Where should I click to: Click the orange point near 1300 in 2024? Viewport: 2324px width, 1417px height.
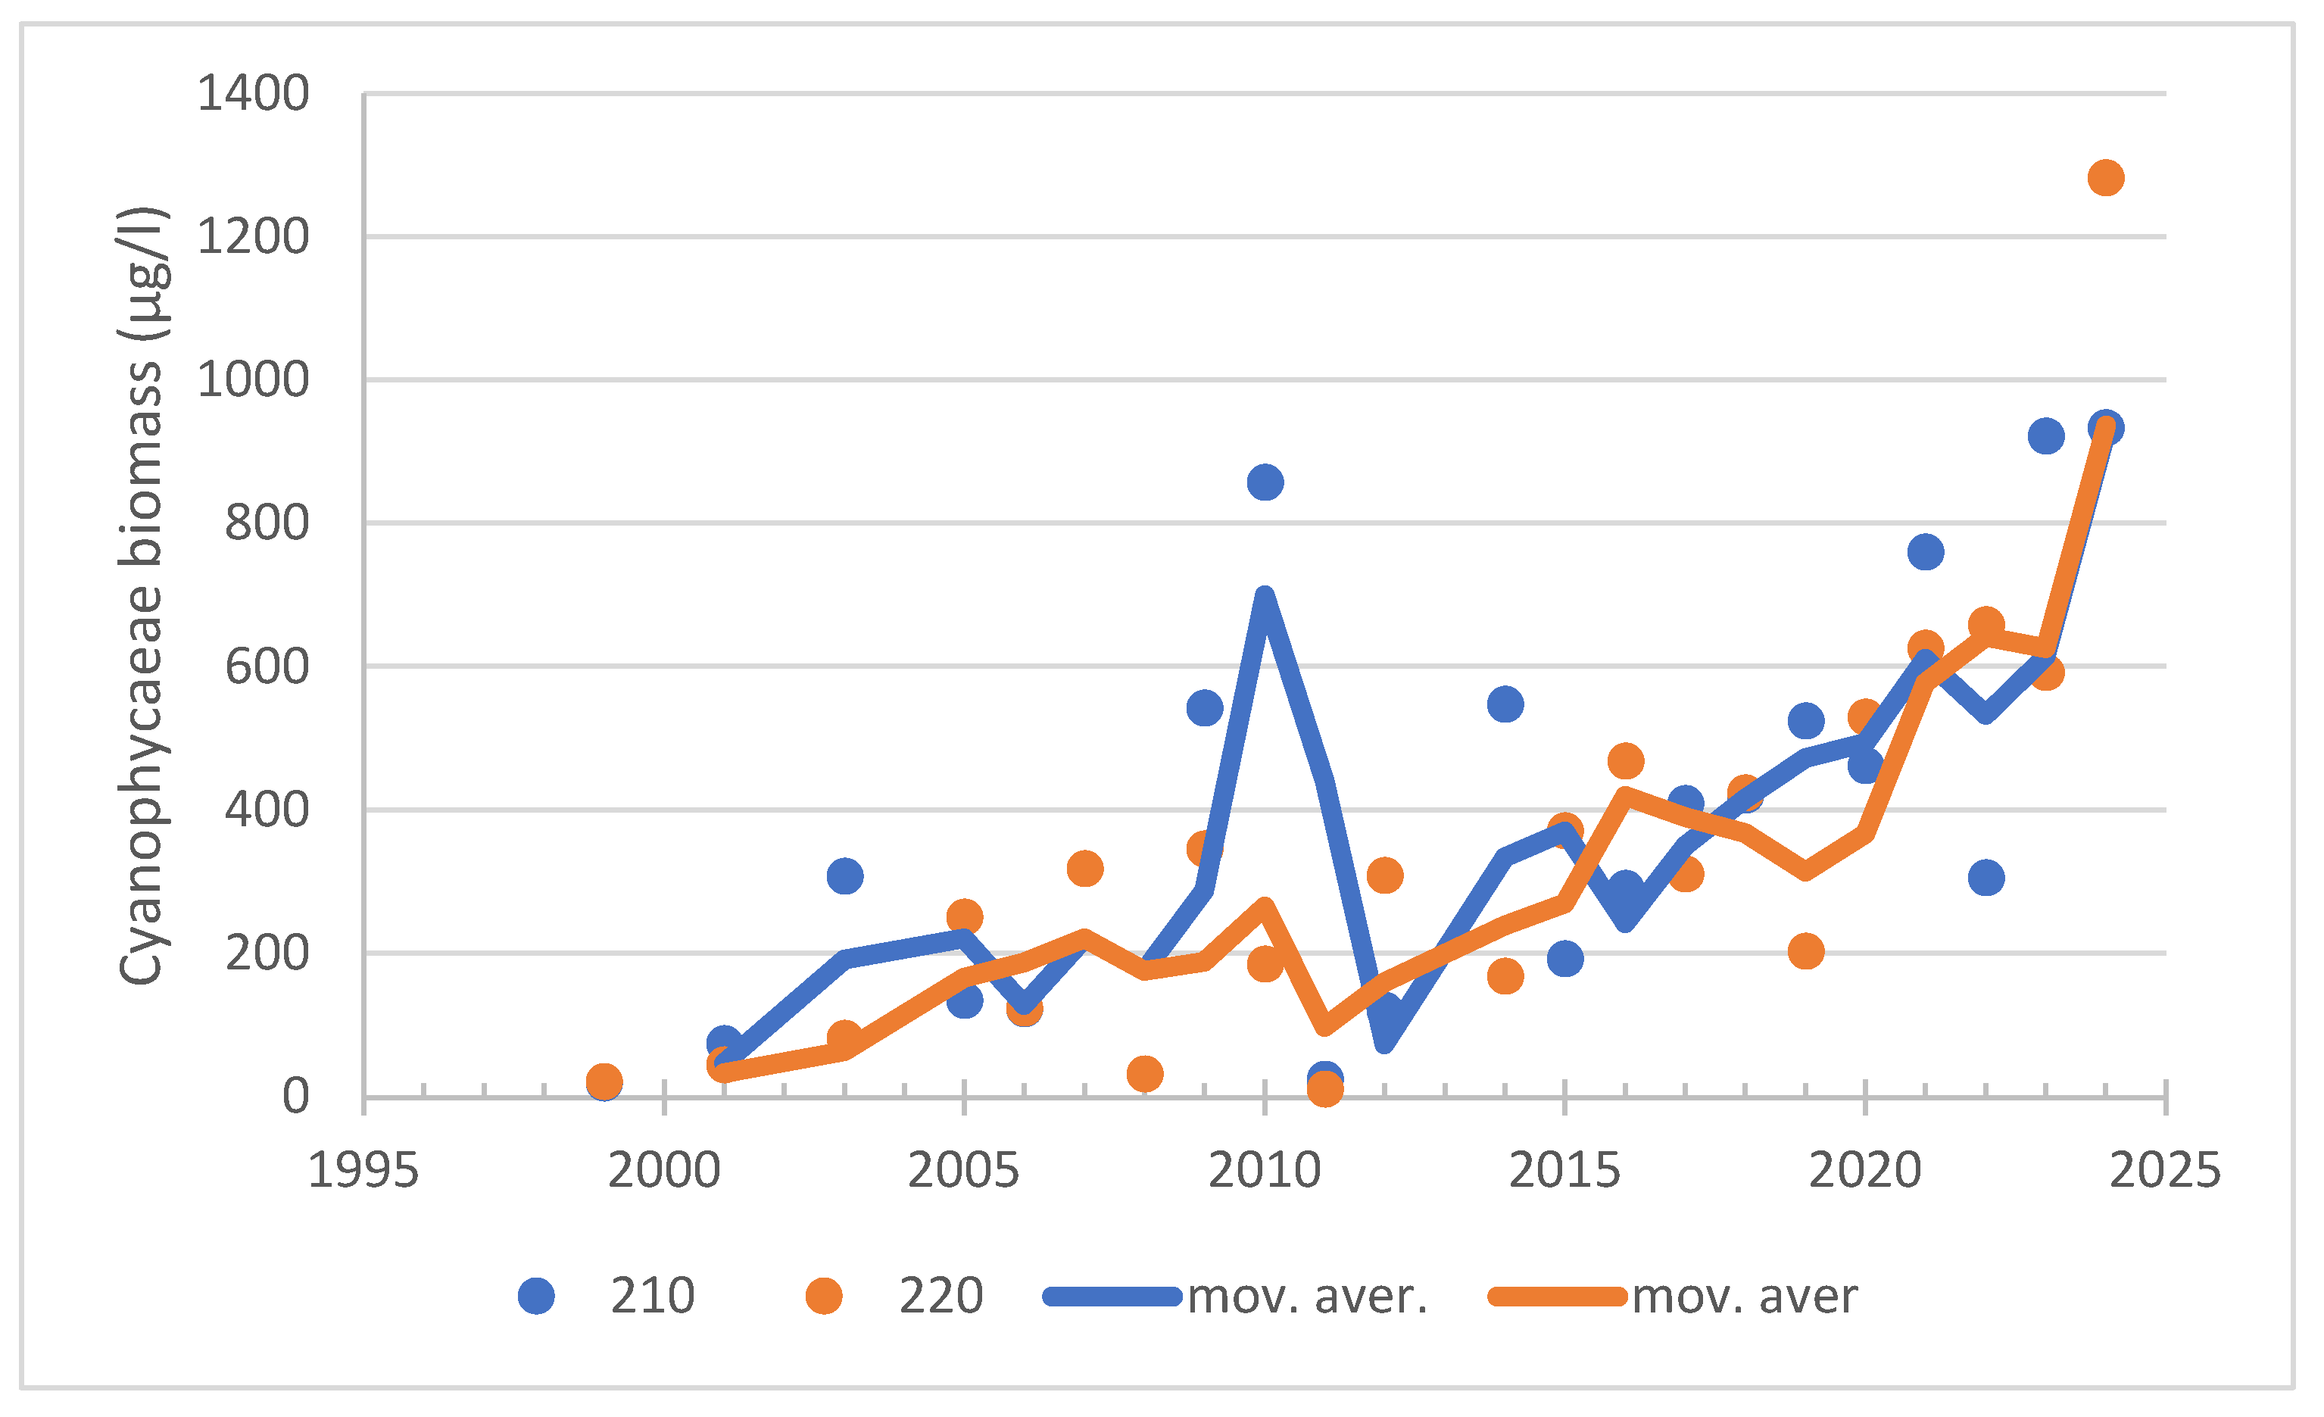pos(2106,177)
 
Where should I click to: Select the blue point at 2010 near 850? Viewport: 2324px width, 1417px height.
pos(1265,483)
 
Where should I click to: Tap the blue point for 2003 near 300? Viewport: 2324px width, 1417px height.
pos(844,876)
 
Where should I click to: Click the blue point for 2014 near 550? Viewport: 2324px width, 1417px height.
pos(1505,705)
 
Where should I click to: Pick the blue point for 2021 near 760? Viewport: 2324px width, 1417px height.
pos(1926,552)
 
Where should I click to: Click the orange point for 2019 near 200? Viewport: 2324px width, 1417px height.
pos(1805,951)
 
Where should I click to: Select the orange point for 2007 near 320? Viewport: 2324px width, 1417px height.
pos(1084,868)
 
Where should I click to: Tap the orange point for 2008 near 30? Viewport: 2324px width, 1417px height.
pos(1145,1074)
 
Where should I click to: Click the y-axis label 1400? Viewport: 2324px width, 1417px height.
pos(253,95)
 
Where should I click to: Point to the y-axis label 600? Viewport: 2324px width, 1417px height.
pos(267,668)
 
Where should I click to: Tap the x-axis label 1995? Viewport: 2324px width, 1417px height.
pos(363,1172)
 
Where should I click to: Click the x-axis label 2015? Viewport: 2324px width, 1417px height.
pos(1564,1172)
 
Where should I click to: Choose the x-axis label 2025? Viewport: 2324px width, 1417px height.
pos(2166,1172)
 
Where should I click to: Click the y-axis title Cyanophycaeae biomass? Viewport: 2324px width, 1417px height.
pos(142,596)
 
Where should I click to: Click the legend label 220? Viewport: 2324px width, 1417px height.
pos(941,1297)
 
